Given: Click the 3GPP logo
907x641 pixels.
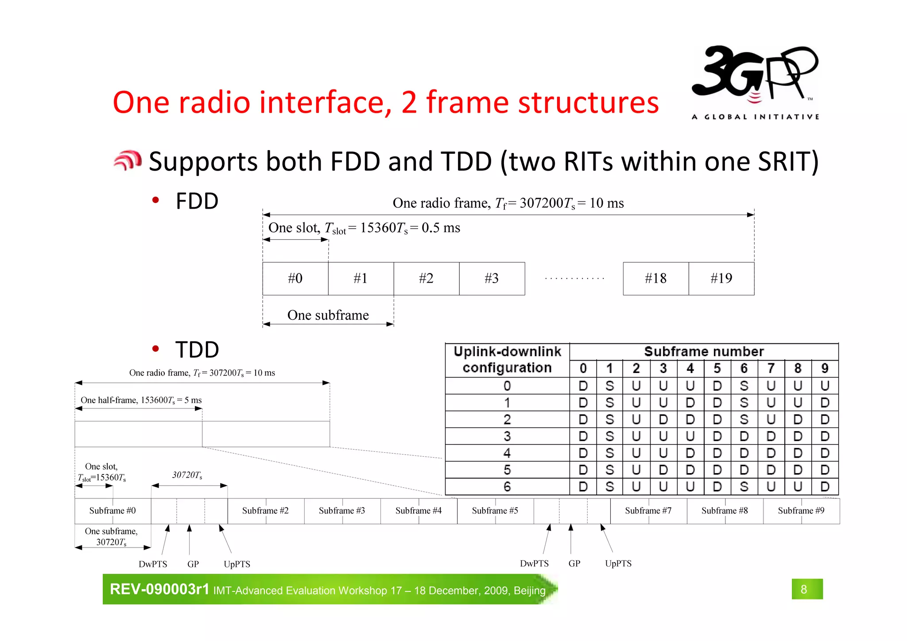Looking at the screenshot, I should coord(755,82).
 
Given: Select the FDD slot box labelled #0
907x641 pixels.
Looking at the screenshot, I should coord(295,278).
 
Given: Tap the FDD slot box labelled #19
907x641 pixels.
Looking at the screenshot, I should coord(721,278).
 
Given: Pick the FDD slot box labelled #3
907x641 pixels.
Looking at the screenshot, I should coord(492,278).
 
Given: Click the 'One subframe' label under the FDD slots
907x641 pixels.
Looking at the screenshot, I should coord(328,315).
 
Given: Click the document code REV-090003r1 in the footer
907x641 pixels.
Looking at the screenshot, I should coord(159,589).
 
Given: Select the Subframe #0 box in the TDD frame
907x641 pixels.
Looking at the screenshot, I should coord(112,511).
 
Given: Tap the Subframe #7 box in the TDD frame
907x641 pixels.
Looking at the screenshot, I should coord(648,511).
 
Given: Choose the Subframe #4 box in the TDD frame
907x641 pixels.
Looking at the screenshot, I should coord(418,511).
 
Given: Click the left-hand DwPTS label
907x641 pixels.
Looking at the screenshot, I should coord(153,564).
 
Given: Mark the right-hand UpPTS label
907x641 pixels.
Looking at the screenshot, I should coord(618,563).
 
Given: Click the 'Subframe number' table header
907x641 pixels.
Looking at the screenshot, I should coord(704,352).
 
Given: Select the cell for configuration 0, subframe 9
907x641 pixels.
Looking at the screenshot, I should coord(825,386).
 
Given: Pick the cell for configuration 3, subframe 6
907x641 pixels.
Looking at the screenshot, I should coord(744,436).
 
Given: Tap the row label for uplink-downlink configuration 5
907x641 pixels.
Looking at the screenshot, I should coord(507,470).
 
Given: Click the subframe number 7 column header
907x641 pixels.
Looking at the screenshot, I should coord(771,369).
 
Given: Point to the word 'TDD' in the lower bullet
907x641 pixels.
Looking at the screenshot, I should coord(197,350).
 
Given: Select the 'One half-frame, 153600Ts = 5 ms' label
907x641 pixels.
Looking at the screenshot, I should coord(141,400).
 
